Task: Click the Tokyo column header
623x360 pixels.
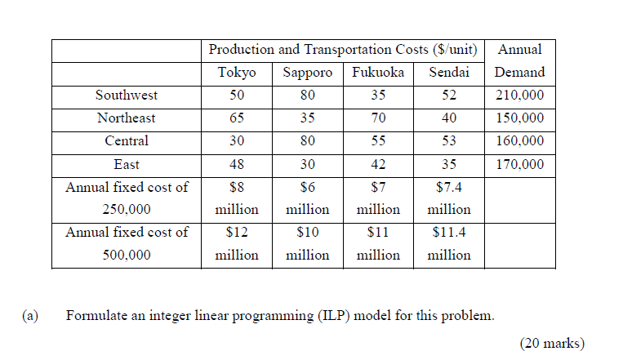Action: click(x=237, y=73)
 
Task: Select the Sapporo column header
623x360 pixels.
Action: click(x=307, y=73)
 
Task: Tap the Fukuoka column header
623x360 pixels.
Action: click(x=378, y=73)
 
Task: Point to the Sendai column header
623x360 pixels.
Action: click(x=449, y=73)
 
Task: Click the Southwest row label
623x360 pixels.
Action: click(x=127, y=96)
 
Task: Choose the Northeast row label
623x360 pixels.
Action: click(x=127, y=118)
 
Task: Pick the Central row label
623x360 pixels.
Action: click(x=127, y=141)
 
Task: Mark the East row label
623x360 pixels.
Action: click(x=127, y=164)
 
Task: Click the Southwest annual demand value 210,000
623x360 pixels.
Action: click(x=519, y=96)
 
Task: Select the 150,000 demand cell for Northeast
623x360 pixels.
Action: click(x=519, y=118)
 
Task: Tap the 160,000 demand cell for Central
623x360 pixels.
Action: click(x=519, y=141)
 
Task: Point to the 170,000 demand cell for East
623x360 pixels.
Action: click(x=519, y=164)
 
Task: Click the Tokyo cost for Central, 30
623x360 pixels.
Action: click(x=237, y=141)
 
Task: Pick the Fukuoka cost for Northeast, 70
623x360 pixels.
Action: click(x=378, y=118)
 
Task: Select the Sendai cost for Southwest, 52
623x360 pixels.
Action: click(x=449, y=96)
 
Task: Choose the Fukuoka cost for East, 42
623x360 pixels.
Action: click(x=378, y=164)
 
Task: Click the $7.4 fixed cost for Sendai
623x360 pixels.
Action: click(x=449, y=188)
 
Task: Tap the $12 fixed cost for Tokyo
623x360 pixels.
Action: click(x=237, y=233)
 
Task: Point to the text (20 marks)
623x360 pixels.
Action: click(x=552, y=344)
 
